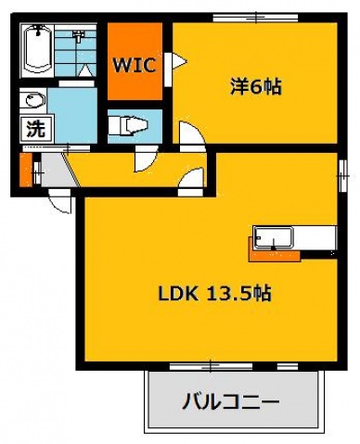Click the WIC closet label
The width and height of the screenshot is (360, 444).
tap(134, 66)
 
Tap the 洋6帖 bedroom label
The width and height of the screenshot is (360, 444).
tap(256, 87)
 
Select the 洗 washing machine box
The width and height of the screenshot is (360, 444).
tap(34, 129)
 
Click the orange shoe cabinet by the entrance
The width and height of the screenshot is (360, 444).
tap(25, 170)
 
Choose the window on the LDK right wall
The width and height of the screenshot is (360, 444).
tap(341, 171)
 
